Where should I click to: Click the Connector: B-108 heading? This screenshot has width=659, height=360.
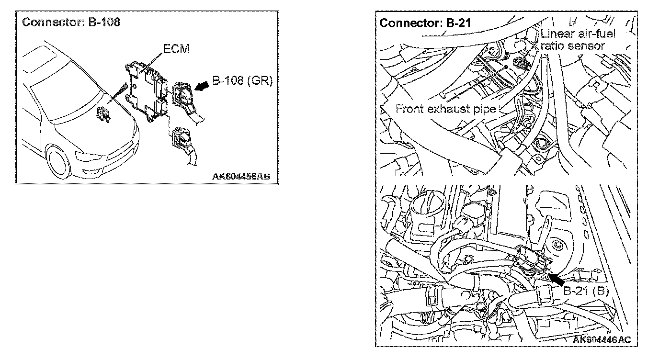tap(71, 22)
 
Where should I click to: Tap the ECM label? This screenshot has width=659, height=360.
tap(176, 50)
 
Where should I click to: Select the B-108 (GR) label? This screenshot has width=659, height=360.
tap(242, 81)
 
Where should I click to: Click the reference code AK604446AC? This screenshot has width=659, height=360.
tap(602, 339)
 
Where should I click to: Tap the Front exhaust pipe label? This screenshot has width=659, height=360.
tap(445, 109)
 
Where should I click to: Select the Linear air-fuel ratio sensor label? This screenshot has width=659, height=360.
tap(578, 40)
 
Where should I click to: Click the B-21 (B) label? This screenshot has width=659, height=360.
tap(585, 291)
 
